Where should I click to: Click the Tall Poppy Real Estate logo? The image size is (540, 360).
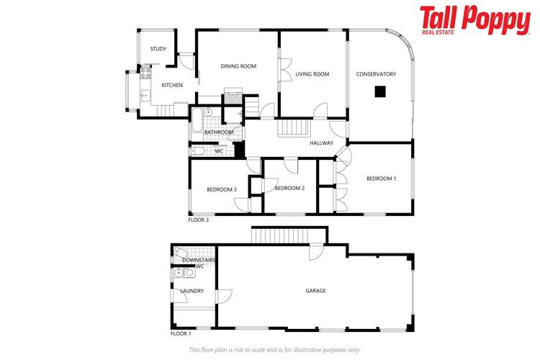474,21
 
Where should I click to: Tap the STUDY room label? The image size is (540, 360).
158,49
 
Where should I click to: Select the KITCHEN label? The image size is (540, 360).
172,85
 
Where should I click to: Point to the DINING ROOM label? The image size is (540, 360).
238,66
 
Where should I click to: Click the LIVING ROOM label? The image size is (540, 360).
312,74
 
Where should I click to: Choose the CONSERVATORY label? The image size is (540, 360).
376,74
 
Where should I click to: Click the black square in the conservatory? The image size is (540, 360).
379,91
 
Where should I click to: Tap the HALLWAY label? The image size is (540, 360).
321,143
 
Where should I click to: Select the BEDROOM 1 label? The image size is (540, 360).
381,179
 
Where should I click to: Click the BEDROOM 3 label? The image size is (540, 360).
222,189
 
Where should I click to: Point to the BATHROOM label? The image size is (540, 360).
219,132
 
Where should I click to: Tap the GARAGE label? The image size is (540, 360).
315,291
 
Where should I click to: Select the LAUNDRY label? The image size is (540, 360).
192,291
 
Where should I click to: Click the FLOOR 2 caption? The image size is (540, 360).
198,220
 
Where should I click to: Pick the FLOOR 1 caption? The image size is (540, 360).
181,334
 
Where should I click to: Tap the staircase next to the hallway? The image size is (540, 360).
293,128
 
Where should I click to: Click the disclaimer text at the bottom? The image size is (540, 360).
274,350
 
